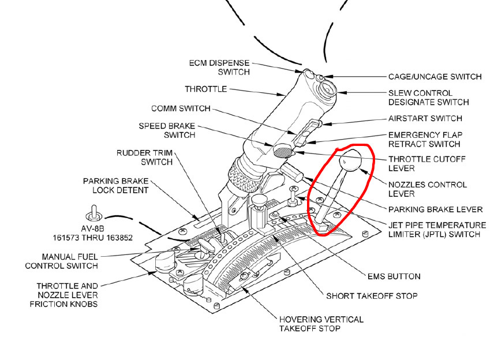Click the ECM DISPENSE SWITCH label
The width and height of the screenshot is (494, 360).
tap(220, 67)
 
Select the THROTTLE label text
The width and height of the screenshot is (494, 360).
tap(205, 89)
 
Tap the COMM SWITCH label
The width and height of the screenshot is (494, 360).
tap(181, 108)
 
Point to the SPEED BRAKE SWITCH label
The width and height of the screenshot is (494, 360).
tap(167, 130)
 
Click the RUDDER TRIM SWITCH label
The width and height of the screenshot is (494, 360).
tap(144, 157)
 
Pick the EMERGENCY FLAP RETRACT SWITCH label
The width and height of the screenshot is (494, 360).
tap(425, 140)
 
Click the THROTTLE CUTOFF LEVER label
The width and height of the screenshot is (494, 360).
tap(426, 164)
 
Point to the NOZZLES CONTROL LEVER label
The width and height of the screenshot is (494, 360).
tap(428, 189)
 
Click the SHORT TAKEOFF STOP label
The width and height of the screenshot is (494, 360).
tap(372, 296)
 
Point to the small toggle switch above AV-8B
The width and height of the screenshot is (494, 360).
tap(92, 215)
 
